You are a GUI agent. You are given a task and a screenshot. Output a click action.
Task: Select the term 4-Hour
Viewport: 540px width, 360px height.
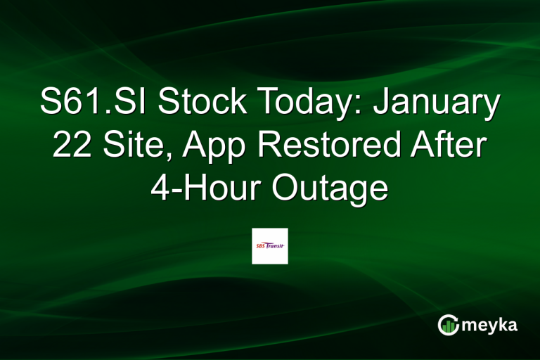205,188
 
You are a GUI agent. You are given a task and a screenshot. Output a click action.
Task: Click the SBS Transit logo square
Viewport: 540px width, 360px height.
270,245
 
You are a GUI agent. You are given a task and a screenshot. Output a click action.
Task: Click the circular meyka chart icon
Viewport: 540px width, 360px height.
448,324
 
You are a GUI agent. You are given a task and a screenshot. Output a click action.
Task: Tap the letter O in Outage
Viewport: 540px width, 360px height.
281,188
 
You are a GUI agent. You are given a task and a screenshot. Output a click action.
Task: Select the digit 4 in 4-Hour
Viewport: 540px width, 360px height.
160,188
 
